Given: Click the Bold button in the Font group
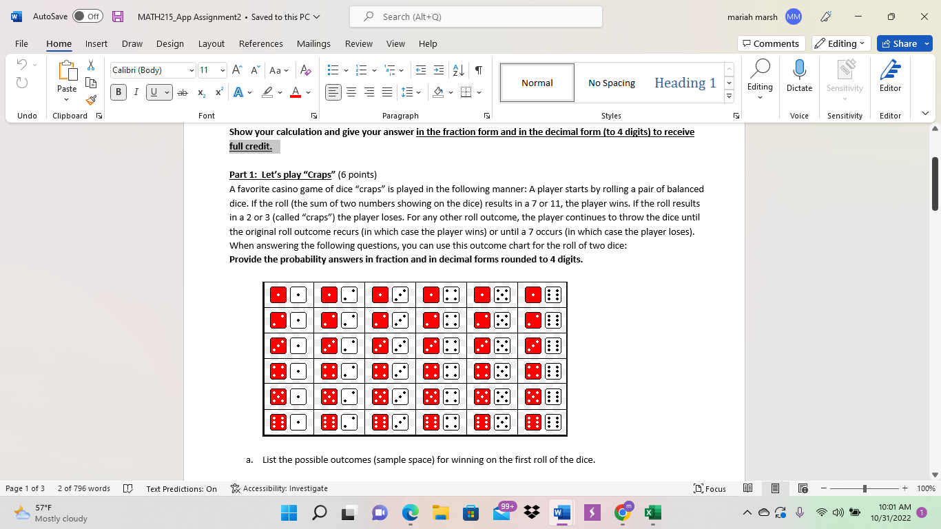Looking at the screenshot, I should tap(118, 92).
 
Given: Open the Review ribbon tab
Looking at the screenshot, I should tap(359, 43).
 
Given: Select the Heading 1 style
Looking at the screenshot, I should tap(685, 83).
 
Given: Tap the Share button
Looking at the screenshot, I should tap(904, 43).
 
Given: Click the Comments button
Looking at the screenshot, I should tap(771, 43).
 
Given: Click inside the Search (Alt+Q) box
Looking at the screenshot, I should tap(475, 17).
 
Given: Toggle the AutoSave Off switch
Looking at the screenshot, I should tap(87, 17).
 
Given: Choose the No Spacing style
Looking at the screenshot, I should tap(612, 83).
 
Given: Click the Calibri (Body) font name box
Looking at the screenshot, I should tap(152, 70).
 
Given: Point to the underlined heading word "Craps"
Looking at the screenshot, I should tap(318, 174).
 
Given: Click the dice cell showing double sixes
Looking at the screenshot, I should tap(542, 422).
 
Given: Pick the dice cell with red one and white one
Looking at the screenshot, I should tap(288, 295).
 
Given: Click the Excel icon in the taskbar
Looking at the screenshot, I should tap(652, 512).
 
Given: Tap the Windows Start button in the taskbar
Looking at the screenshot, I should tap(289, 512).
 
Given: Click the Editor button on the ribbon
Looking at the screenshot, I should tap(890, 75).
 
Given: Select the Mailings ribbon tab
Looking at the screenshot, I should tap(313, 43).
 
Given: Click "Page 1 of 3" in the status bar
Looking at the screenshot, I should tap(25, 488).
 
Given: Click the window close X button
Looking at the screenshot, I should tap(924, 17).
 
